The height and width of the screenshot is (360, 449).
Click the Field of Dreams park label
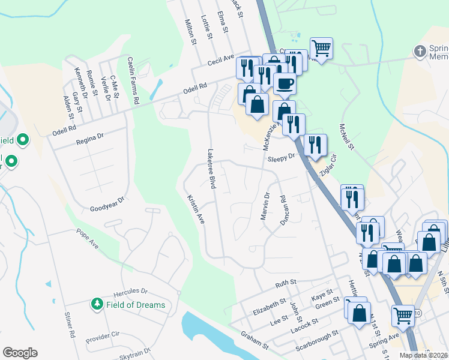(x=136, y=305)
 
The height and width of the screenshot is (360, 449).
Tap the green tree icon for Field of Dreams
(x=97, y=305)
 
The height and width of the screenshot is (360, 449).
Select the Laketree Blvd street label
(x=211, y=169)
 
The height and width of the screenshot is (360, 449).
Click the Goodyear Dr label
(x=106, y=205)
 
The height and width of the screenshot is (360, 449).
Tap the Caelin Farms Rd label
(x=132, y=81)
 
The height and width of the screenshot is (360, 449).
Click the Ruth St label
(x=286, y=283)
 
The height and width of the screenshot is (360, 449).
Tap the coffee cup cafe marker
(x=284, y=83)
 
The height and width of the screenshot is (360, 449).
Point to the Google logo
(x=20, y=353)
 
